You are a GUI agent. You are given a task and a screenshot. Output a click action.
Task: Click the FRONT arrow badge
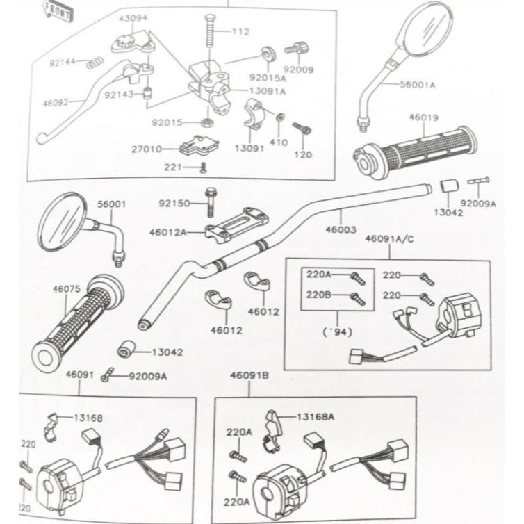(58, 10)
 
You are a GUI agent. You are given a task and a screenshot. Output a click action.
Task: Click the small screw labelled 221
(202, 167)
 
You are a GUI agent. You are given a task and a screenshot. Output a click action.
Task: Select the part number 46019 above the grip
(423, 118)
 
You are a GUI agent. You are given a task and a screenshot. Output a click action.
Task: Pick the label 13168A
(316, 417)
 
